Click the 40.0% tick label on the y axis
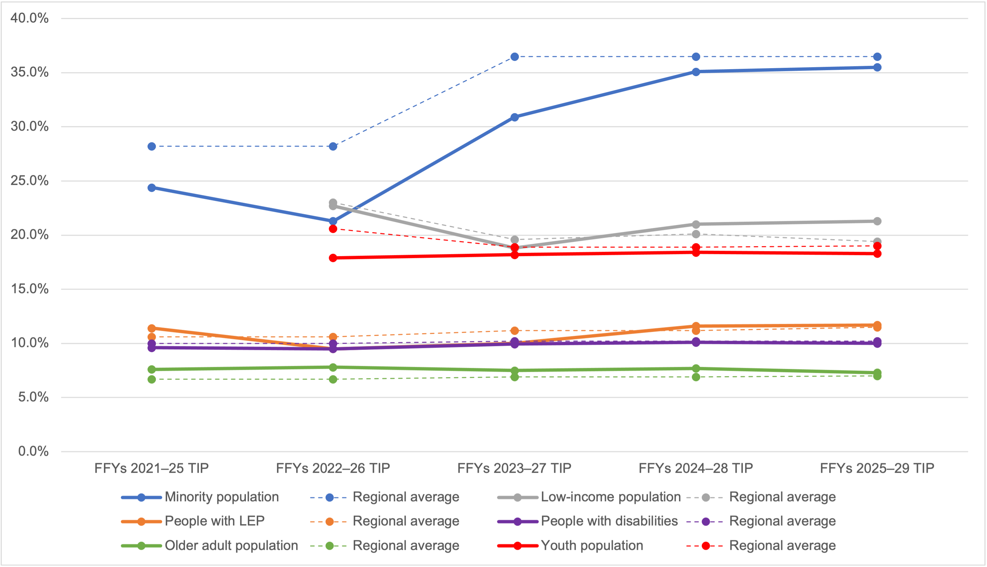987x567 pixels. (29, 18)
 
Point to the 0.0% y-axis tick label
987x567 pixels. (33, 451)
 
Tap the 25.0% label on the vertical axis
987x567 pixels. (29, 181)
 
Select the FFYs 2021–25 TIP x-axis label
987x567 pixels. (152, 468)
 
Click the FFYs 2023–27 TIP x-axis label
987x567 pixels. (514, 468)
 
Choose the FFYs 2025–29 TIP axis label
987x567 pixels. (877, 468)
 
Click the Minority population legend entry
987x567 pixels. (222, 497)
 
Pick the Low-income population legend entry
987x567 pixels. (610, 497)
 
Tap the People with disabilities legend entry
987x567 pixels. (609, 521)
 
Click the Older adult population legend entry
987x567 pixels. (231, 545)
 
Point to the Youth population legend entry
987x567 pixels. (592, 545)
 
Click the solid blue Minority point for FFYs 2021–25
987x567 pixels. (152, 188)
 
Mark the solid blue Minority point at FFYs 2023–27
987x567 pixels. (515, 117)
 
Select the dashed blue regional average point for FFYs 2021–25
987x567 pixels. (152, 147)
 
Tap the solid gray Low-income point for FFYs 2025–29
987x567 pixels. (877, 221)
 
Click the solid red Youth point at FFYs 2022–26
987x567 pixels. (333, 258)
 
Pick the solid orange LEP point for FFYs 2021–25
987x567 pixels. (152, 328)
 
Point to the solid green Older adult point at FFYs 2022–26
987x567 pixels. (333, 367)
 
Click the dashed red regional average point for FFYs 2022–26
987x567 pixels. (333, 229)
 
